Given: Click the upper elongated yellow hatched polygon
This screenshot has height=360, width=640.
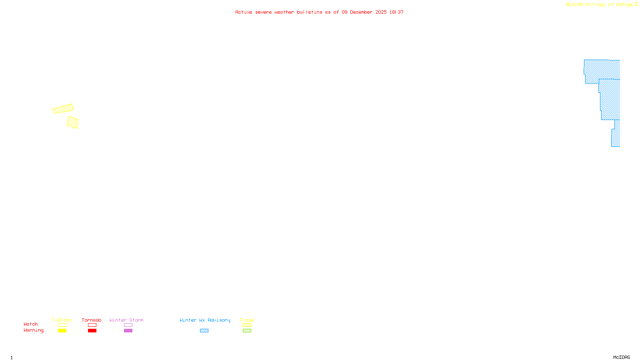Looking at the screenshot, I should coord(63,109).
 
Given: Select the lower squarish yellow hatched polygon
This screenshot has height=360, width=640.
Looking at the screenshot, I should coord(72,122).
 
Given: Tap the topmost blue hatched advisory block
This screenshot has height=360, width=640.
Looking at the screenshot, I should coord(602,70).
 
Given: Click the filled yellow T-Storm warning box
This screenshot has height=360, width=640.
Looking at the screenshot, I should coord(62,331).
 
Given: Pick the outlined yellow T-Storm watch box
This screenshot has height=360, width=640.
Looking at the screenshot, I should coord(62,325).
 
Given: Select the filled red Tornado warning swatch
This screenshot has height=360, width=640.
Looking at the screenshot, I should coord(92,331).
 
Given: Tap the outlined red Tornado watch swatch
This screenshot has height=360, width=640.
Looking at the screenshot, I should coord(92,325).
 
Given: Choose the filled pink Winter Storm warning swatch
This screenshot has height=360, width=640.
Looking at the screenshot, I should coord(128,331).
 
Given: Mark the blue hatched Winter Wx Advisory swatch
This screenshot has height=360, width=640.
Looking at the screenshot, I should coord(204,331).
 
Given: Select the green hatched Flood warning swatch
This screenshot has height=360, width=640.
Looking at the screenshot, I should coord(247,331).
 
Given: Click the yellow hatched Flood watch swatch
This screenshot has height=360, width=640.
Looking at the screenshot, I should coord(247,325).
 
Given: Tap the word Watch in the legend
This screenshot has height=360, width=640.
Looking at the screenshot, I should coord(31,324).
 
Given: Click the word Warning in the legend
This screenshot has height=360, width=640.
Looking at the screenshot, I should coord(33,330).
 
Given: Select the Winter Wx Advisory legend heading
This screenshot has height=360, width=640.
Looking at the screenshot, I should coord(205,320).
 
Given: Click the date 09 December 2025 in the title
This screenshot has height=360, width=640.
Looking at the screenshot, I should coord(364,12).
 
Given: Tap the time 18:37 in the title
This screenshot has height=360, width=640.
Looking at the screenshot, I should coord(396,12).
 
